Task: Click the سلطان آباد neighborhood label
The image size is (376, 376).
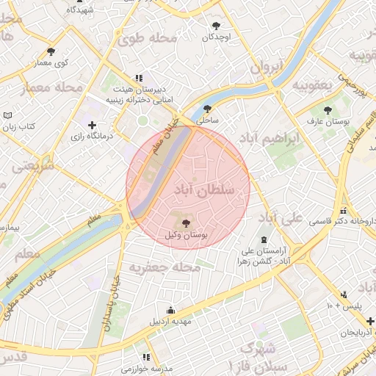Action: coord(205,191)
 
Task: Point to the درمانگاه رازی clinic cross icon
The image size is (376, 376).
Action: coord(92,125)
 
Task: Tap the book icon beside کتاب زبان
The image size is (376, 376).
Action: coord(8,115)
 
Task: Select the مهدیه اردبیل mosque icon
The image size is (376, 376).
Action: coord(171,311)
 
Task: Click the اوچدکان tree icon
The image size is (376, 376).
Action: coord(216,26)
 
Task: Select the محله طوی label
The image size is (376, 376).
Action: coord(151,38)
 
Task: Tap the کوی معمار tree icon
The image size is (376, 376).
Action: coord(51,51)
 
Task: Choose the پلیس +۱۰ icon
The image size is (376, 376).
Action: coord(344,295)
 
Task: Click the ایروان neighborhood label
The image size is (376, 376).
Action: coord(267,67)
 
